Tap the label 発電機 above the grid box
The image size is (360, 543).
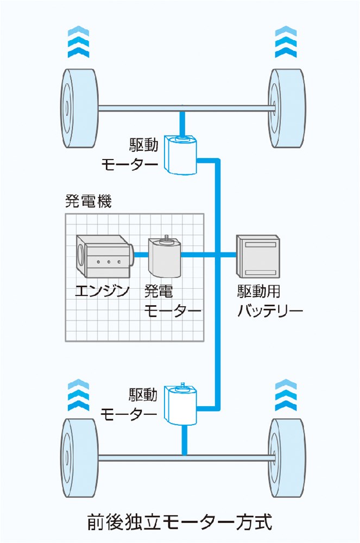tap(87, 203)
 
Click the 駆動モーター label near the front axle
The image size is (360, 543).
tap(130, 154)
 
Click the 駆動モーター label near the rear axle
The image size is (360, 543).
tap(130, 405)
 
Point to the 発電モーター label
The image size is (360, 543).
tap(171, 301)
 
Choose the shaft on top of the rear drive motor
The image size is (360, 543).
tap(183, 386)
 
